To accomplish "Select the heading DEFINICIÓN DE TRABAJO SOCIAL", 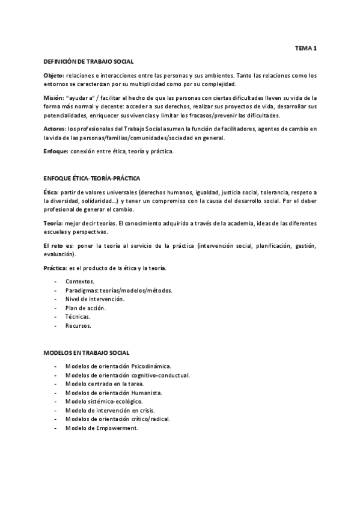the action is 89,61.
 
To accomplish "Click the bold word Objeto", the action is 54,76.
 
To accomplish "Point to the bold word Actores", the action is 55,129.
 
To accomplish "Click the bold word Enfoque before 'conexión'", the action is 56,151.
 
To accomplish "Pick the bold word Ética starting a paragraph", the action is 52,192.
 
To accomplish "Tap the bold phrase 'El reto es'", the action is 59,245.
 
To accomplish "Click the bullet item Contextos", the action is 80,281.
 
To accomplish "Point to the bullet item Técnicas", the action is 78,316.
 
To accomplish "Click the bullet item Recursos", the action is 78,325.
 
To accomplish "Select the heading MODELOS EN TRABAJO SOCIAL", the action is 87,352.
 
